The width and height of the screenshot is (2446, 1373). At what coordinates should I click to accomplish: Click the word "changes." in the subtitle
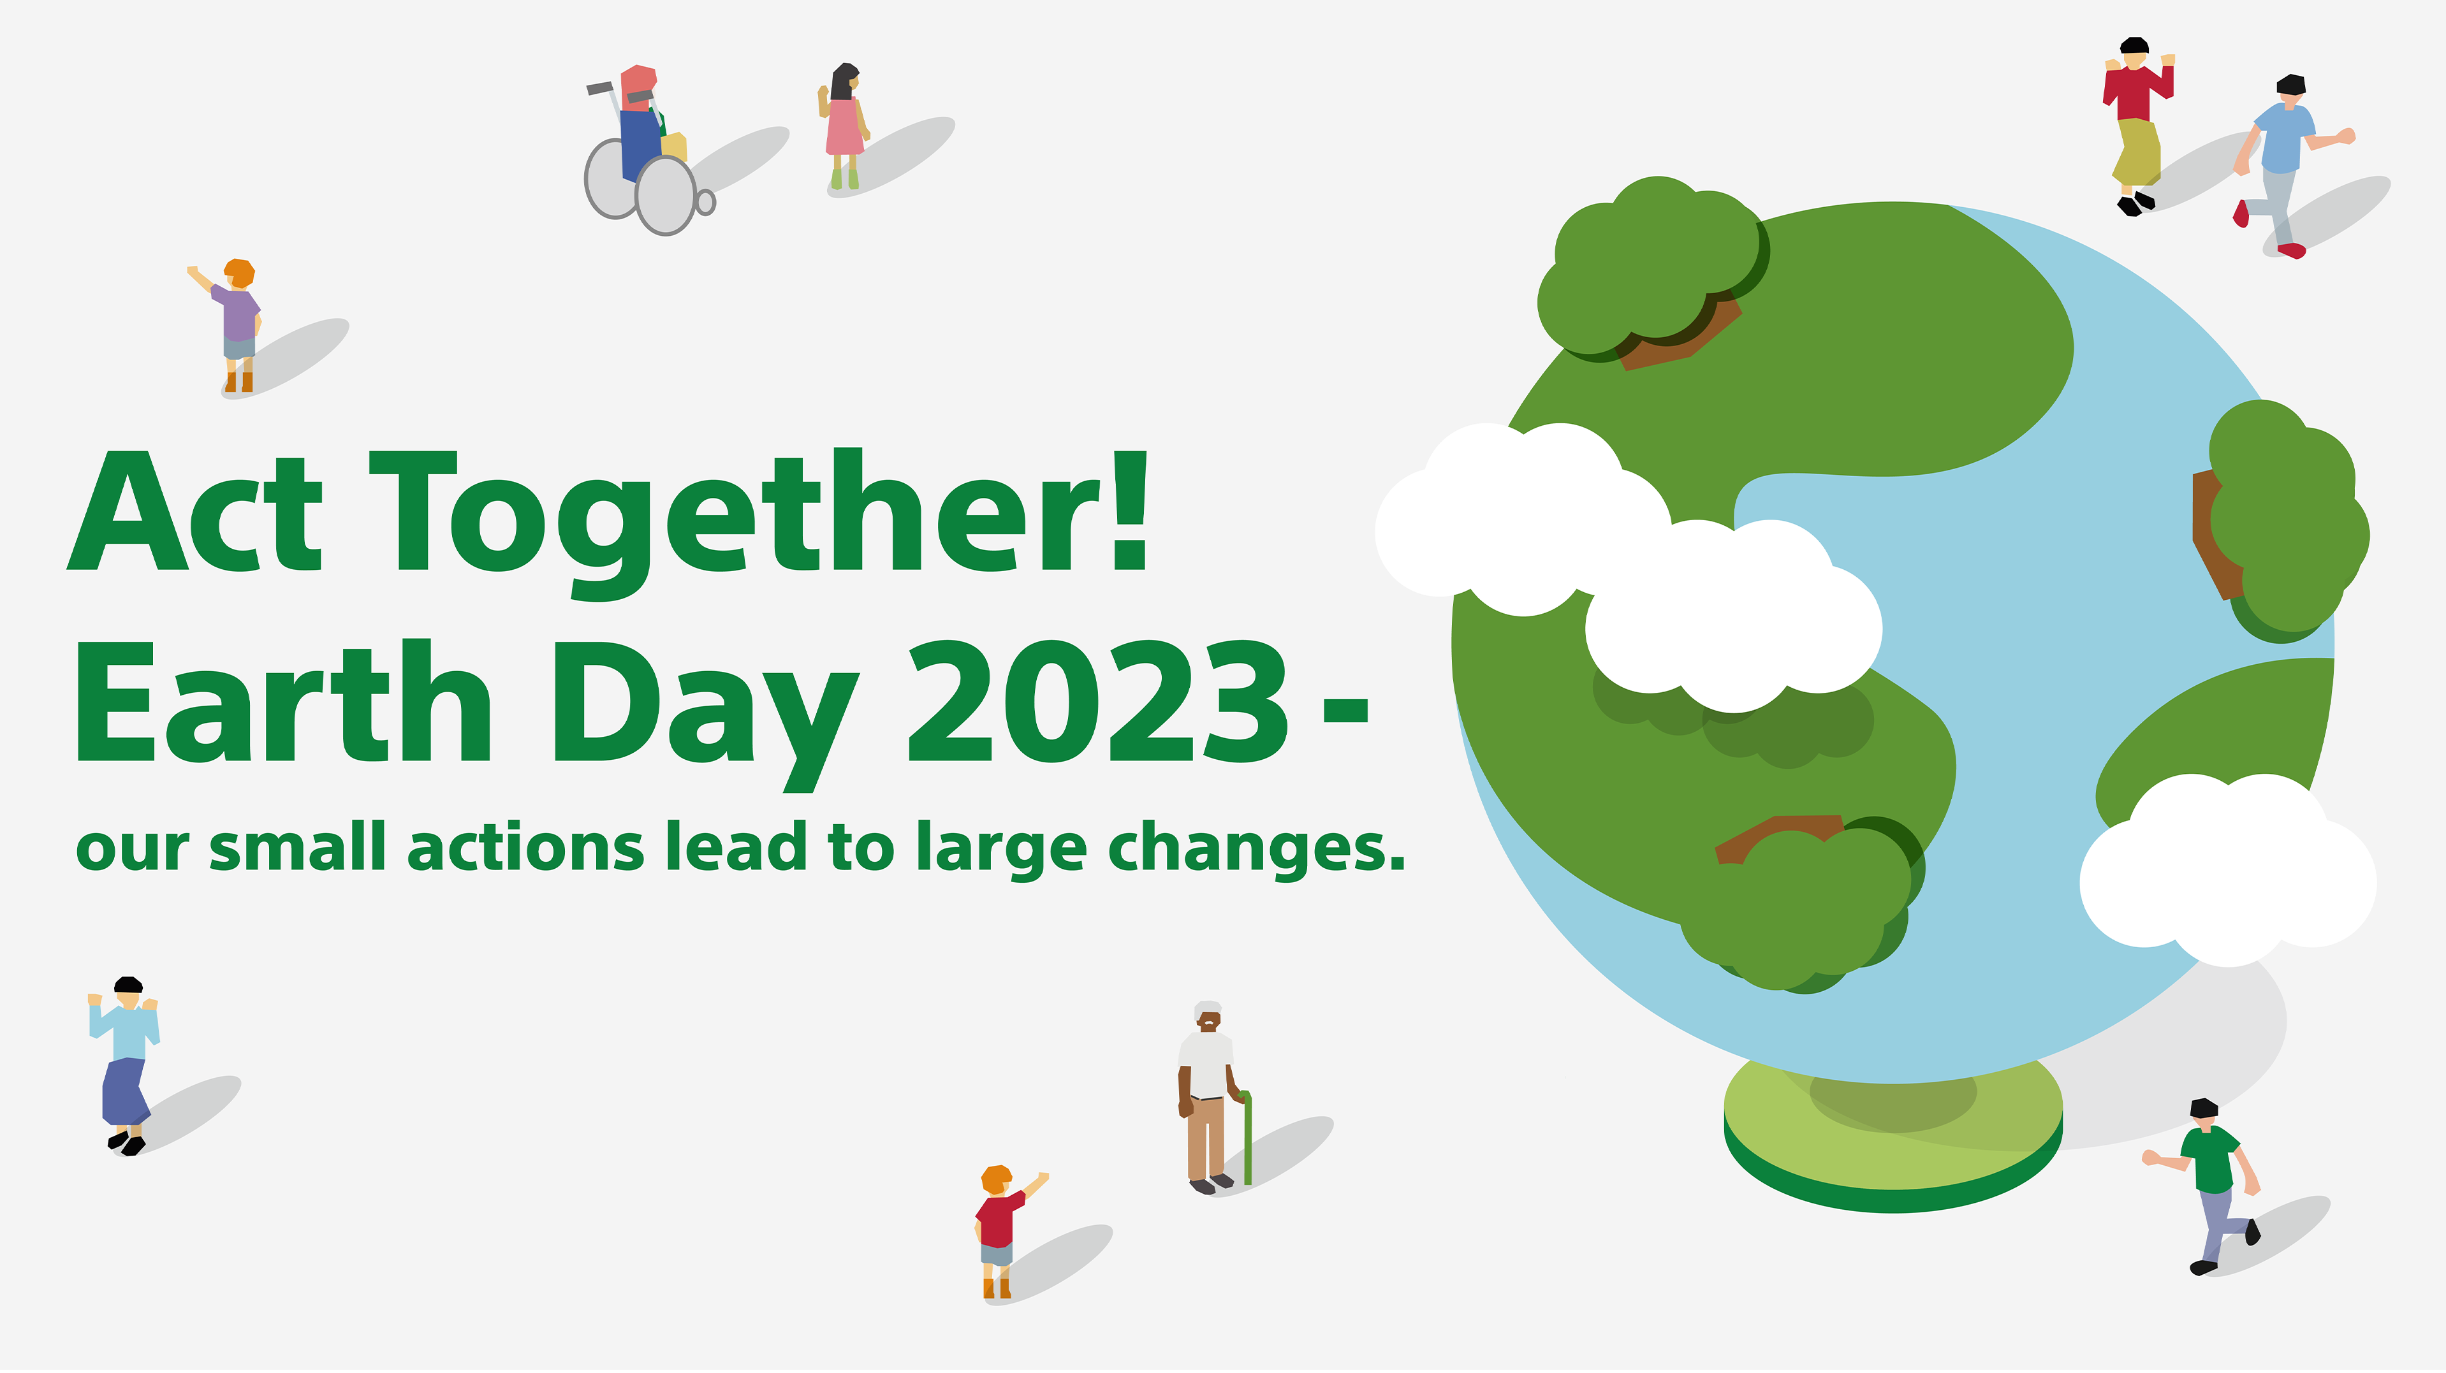tap(1256, 848)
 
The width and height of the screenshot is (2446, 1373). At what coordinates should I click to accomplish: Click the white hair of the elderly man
tap(1208, 1008)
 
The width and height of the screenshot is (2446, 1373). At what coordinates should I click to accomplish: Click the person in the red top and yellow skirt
tap(2135, 124)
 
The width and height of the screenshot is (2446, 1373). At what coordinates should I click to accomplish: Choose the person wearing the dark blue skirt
tap(126, 1063)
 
